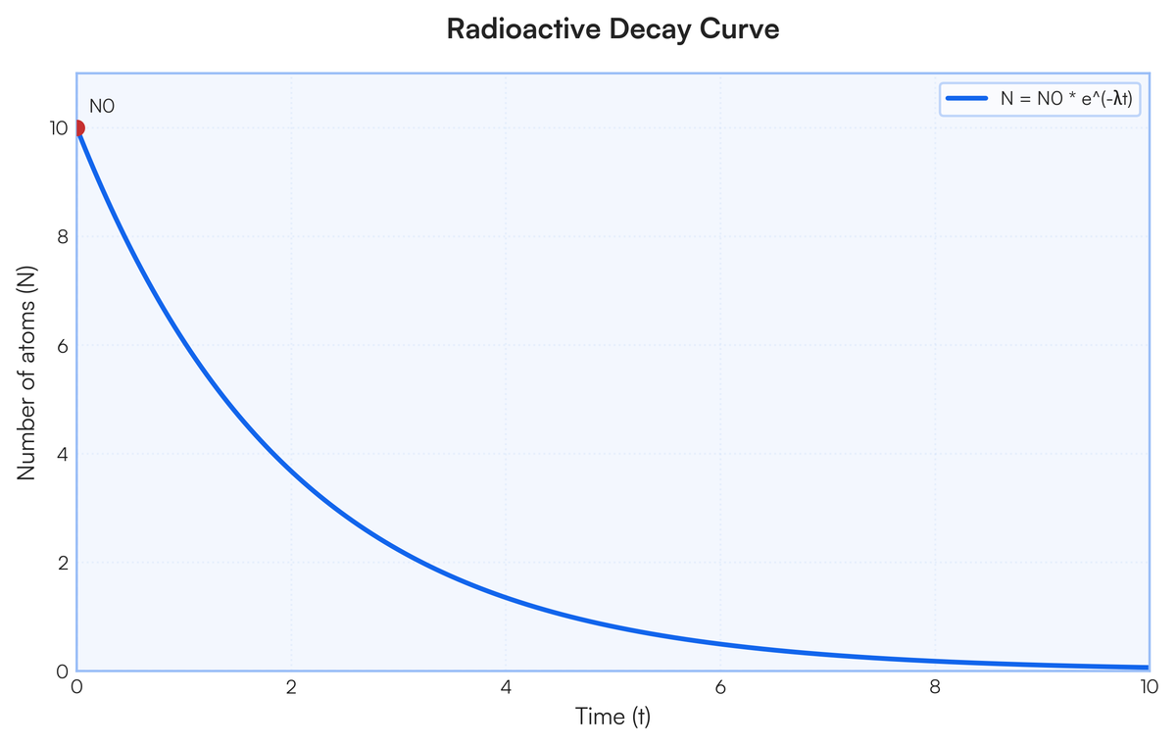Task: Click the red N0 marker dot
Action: [x=77, y=128]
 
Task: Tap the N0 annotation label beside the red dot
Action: [x=102, y=107]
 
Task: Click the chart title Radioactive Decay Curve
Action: [x=612, y=28]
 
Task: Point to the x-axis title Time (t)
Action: [x=612, y=717]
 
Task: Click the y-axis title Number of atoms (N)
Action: [x=26, y=373]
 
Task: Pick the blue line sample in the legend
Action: [x=966, y=98]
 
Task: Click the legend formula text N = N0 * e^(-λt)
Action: [x=1066, y=99]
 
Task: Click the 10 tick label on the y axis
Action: [x=59, y=128]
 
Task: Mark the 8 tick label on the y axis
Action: [x=63, y=237]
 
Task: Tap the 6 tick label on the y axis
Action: [x=63, y=346]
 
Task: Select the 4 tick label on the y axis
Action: [x=63, y=455]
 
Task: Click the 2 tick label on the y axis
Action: [x=63, y=564]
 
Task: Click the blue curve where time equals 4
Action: [x=506, y=597]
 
